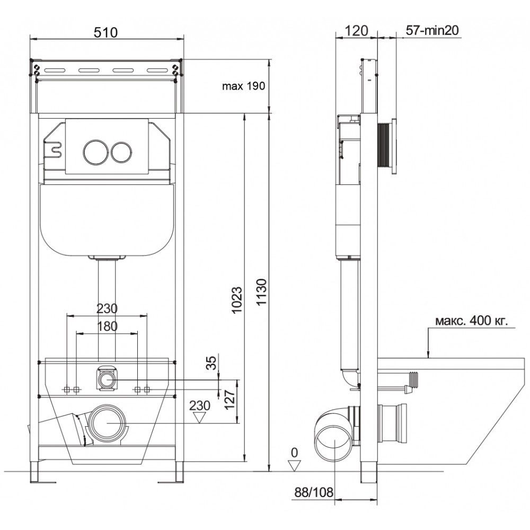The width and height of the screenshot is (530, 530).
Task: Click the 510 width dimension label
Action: [105, 32]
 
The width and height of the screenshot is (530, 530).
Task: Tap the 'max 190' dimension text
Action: [243, 86]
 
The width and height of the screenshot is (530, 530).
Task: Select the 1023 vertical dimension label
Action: [237, 300]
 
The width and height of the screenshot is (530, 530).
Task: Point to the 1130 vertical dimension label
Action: [262, 292]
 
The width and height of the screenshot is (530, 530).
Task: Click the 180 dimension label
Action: [107, 326]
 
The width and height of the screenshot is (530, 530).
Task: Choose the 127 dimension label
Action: [230, 400]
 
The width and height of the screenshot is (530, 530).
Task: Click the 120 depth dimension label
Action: [356, 31]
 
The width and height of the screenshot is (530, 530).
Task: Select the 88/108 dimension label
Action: [314, 492]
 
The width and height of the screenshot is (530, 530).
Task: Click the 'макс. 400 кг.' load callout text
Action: [472, 321]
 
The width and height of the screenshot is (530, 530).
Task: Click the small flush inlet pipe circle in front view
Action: [107, 380]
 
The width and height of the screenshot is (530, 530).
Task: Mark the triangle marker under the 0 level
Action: [294, 466]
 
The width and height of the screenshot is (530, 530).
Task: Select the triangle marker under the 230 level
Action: [199, 417]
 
